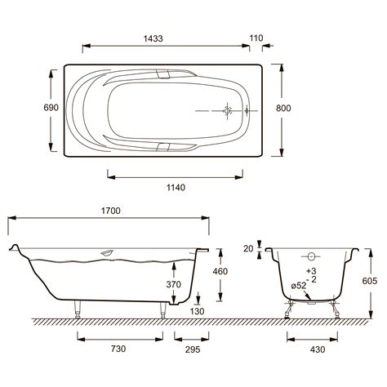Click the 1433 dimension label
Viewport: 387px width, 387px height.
[153, 38]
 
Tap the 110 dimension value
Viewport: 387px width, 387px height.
[256, 38]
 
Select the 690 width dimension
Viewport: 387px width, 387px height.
[51, 108]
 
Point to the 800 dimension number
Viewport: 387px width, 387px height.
[283, 108]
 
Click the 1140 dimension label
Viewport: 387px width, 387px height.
[176, 187]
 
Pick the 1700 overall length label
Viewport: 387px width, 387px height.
[110, 211]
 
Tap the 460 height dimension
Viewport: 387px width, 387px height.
[220, 271]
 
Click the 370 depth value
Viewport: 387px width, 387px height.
[173, 284]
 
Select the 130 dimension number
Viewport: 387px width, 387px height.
[197, 311]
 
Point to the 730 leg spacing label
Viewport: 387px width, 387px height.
[118, 349]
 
